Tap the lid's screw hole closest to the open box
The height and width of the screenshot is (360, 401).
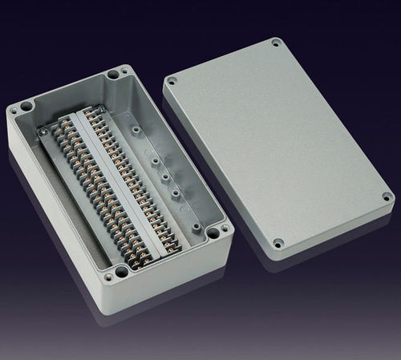click(171, 80)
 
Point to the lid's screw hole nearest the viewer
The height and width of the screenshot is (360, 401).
click(278, 241)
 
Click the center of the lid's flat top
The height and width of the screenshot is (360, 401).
click(277, 140)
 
